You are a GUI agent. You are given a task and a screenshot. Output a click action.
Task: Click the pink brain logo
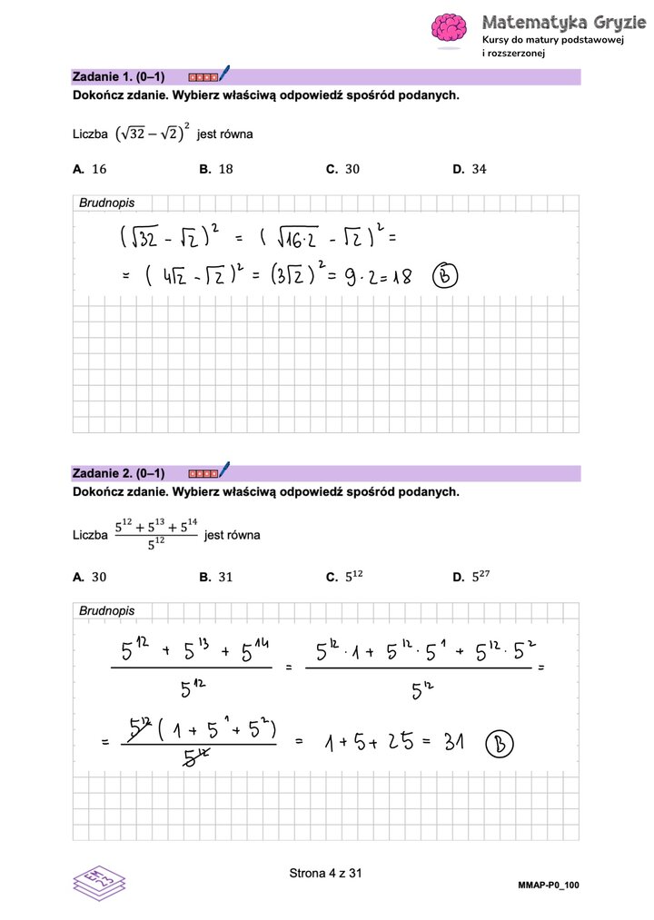(449, 28)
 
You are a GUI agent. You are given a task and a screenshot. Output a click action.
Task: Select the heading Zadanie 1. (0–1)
(118, 77)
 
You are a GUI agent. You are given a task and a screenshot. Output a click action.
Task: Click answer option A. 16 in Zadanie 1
(90, 169)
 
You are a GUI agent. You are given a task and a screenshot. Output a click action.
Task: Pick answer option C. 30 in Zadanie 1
(342, 169)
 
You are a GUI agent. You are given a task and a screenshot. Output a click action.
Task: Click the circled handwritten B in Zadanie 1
(445, 275)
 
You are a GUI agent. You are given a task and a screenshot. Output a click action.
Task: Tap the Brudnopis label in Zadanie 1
(106, 203)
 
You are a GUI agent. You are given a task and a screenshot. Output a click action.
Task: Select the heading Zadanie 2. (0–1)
(118, 473)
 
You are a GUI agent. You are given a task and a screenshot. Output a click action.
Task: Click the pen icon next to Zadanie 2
(224, 470)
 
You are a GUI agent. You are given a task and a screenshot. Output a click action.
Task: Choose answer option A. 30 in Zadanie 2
(90, 577)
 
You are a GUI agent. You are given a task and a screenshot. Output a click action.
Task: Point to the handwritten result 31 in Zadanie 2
(449, 743)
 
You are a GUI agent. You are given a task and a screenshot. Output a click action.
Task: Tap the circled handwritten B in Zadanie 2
(499, 744)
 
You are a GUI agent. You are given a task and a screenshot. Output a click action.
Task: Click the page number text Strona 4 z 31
(325, 874)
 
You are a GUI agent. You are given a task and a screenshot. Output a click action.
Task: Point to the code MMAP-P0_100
(549, 885)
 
